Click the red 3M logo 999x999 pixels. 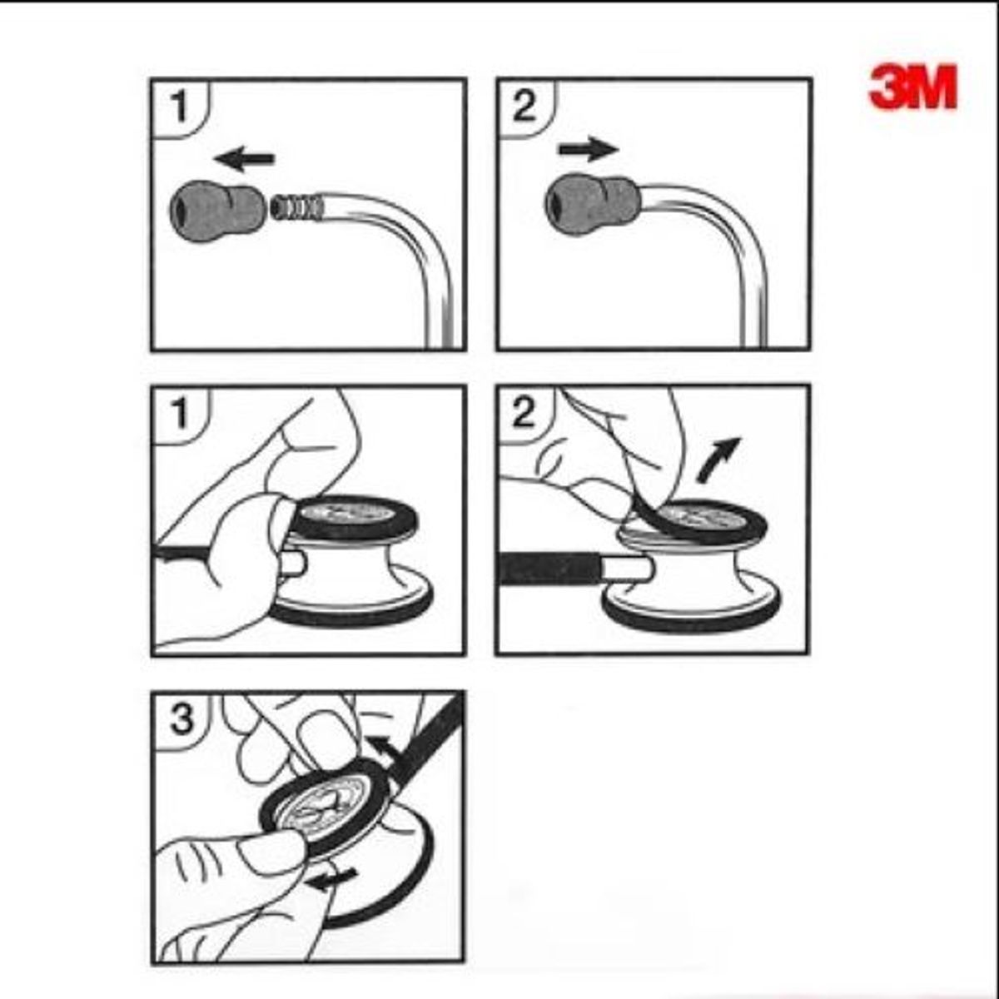pyautogui.click(x=913, y=87)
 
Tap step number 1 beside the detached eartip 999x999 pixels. pyautogui.click(x=180, y=107)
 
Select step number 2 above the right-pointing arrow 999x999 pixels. pyautogui.click(x=524, y=107)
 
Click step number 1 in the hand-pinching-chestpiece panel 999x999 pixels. pyautogui.click(x=180, y=415)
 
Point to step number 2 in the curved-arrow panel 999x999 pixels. pyautogui.click(x=524, y=413)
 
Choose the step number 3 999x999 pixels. pyautogui.click(x=181, y=720)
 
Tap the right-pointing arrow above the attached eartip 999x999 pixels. pyautogui.click(x=589, y=149)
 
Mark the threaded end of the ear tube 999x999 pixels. pyautogui.click(x=297, y=206)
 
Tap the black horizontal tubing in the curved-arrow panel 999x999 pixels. pyautogui.click(x=549, y=569)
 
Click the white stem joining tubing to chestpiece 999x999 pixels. pyautogui.click(x=626, y=568)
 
